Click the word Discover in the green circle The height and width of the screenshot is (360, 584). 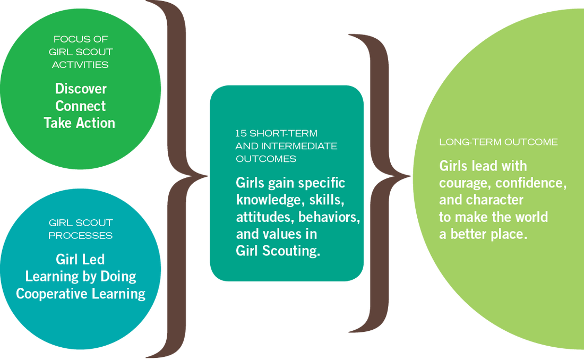pos(81,89)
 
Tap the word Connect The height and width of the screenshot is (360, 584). pos(81,106)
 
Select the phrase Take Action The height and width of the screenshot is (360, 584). pos(80,123)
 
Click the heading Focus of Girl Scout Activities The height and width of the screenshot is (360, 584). pos(81,52)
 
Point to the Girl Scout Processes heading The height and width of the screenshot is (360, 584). pos(81,229)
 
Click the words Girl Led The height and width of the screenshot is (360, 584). pos(80,259)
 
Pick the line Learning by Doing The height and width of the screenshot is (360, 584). pos(81,276)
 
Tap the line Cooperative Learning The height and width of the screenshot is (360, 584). pos(81,293)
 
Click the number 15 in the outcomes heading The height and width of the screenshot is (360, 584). pos(240,133)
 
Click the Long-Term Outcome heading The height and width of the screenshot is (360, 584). pos(499,142)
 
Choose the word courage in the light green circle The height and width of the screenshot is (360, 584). pos(462,183)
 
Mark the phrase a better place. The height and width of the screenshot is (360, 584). pos(483,234)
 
